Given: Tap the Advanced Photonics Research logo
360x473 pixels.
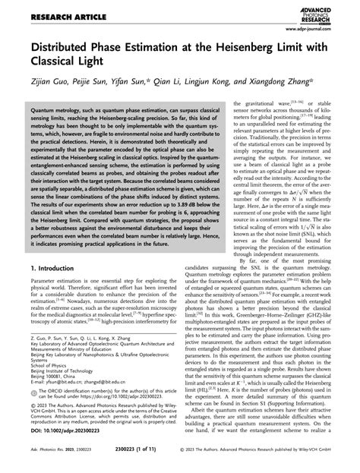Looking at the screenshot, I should (x=321, y=10).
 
